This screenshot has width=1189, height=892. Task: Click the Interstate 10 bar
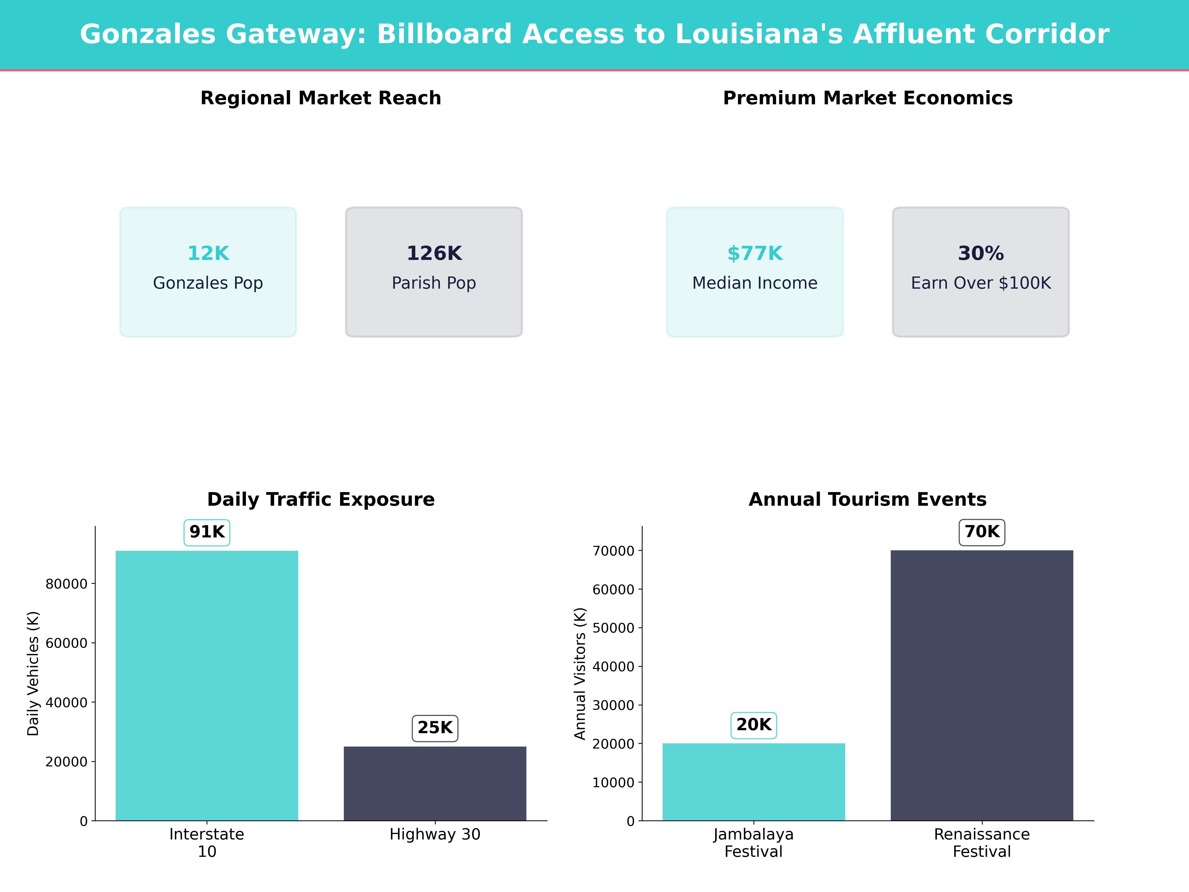coord(207,686)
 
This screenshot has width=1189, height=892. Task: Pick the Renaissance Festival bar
coord(981,686)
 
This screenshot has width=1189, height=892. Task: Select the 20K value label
coord(754,725)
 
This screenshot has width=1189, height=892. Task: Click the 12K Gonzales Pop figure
coord(208,253)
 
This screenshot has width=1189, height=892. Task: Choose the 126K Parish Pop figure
coord(434,253)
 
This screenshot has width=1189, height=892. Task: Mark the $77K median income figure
coord(755,253)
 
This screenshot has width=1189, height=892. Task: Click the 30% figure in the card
coord(980,253)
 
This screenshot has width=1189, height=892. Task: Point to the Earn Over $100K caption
coord(980,283)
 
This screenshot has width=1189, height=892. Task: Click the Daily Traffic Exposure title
coord(321,500)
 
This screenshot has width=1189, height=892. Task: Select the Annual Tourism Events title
coord(867,500)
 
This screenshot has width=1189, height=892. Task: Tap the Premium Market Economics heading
coord(867,98)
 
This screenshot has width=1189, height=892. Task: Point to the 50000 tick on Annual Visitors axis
coord(613,628)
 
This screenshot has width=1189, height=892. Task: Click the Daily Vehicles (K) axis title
coord(33,673)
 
